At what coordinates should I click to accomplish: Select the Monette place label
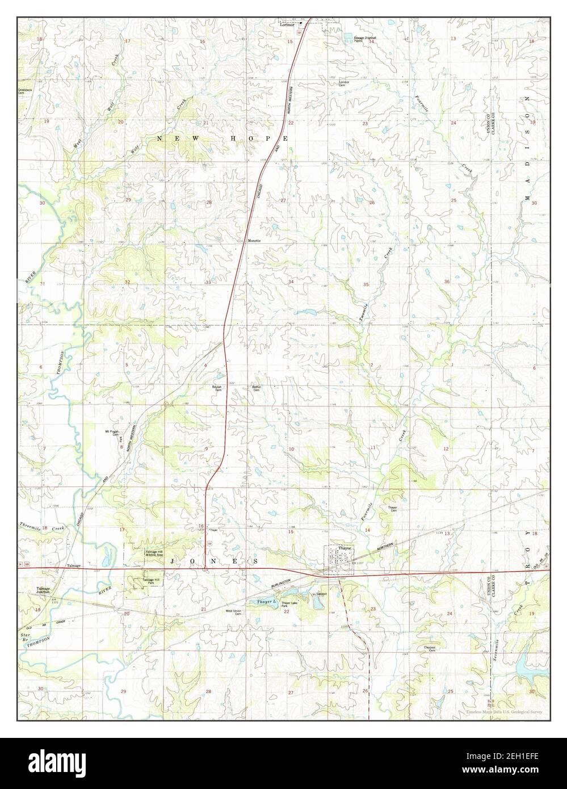click(254, 241)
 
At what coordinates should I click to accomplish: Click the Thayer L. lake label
click(265, 601)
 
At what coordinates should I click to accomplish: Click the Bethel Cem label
click(255, 389)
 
